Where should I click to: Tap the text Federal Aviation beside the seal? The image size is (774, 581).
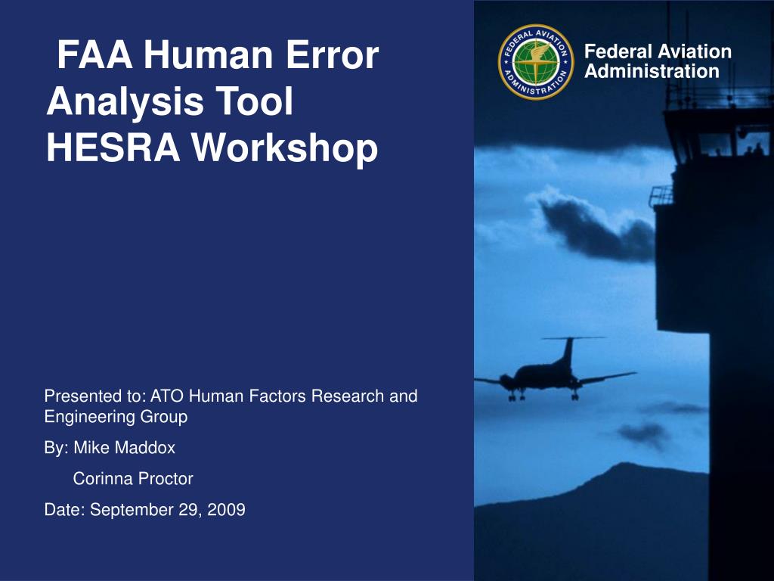(658, 51)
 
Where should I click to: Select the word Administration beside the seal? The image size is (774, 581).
(652, 72)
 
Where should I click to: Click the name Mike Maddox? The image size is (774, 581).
(124, 448)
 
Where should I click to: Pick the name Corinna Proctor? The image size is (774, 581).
(133, 479)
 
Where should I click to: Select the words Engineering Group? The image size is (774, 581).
(116, 417)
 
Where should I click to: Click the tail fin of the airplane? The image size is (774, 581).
(567, 350)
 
